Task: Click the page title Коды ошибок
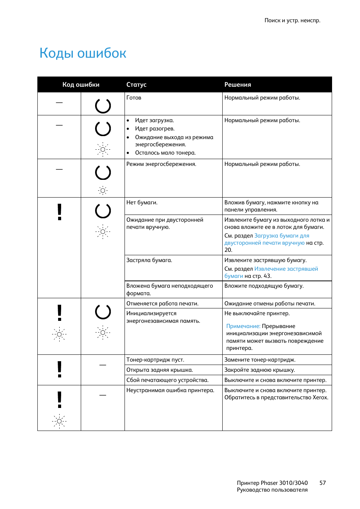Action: [83, 53]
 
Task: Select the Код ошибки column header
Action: [81, 84]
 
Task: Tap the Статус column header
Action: [136, 84]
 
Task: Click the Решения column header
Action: [237, 84]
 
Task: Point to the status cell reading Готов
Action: [134, 98]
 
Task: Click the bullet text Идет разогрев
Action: [155, 129]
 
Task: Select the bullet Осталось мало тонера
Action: [165, 153]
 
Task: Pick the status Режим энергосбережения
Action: [161, 164]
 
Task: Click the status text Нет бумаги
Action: [142, 202]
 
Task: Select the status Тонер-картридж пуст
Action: [155, 360]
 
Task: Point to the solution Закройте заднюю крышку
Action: [260, 370]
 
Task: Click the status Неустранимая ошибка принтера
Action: [170, 390]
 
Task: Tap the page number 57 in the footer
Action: [322, 483]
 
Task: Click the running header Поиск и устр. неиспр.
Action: [292, 20]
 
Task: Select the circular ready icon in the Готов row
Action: [103, 106]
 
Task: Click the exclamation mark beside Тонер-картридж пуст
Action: [59, 369]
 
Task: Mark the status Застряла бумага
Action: [149, 260]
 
